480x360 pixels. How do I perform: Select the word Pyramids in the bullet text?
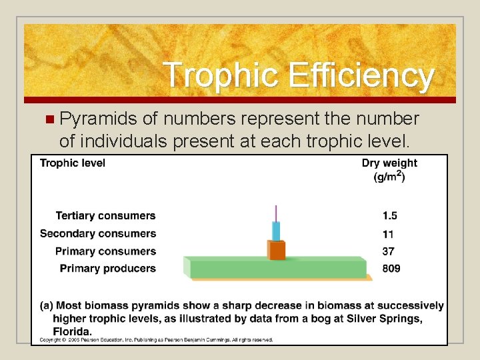(x=98, y=119)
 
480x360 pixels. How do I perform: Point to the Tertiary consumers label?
(x=105, y=216)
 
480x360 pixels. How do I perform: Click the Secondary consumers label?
(x=98, y=233)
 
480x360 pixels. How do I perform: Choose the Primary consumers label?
(x=105, y=251)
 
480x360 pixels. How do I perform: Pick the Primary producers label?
(x=108, y=269)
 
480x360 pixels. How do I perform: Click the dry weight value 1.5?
(x=390, y=216)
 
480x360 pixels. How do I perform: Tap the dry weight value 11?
(x=388, y=234)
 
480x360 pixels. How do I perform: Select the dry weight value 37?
(x=388, y=251)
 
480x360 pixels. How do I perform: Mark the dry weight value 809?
(x=391, y=269)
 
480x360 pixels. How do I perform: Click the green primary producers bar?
(x=277, y=268)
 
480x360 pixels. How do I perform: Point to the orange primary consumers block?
(x=276, y=250)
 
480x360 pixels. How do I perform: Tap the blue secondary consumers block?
(x=276, y=231)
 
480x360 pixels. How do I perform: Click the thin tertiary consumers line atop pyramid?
(x=276, y=213)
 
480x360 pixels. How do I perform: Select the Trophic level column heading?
(x=73, y=163)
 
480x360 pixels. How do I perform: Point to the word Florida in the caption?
(x=72, y=331)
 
